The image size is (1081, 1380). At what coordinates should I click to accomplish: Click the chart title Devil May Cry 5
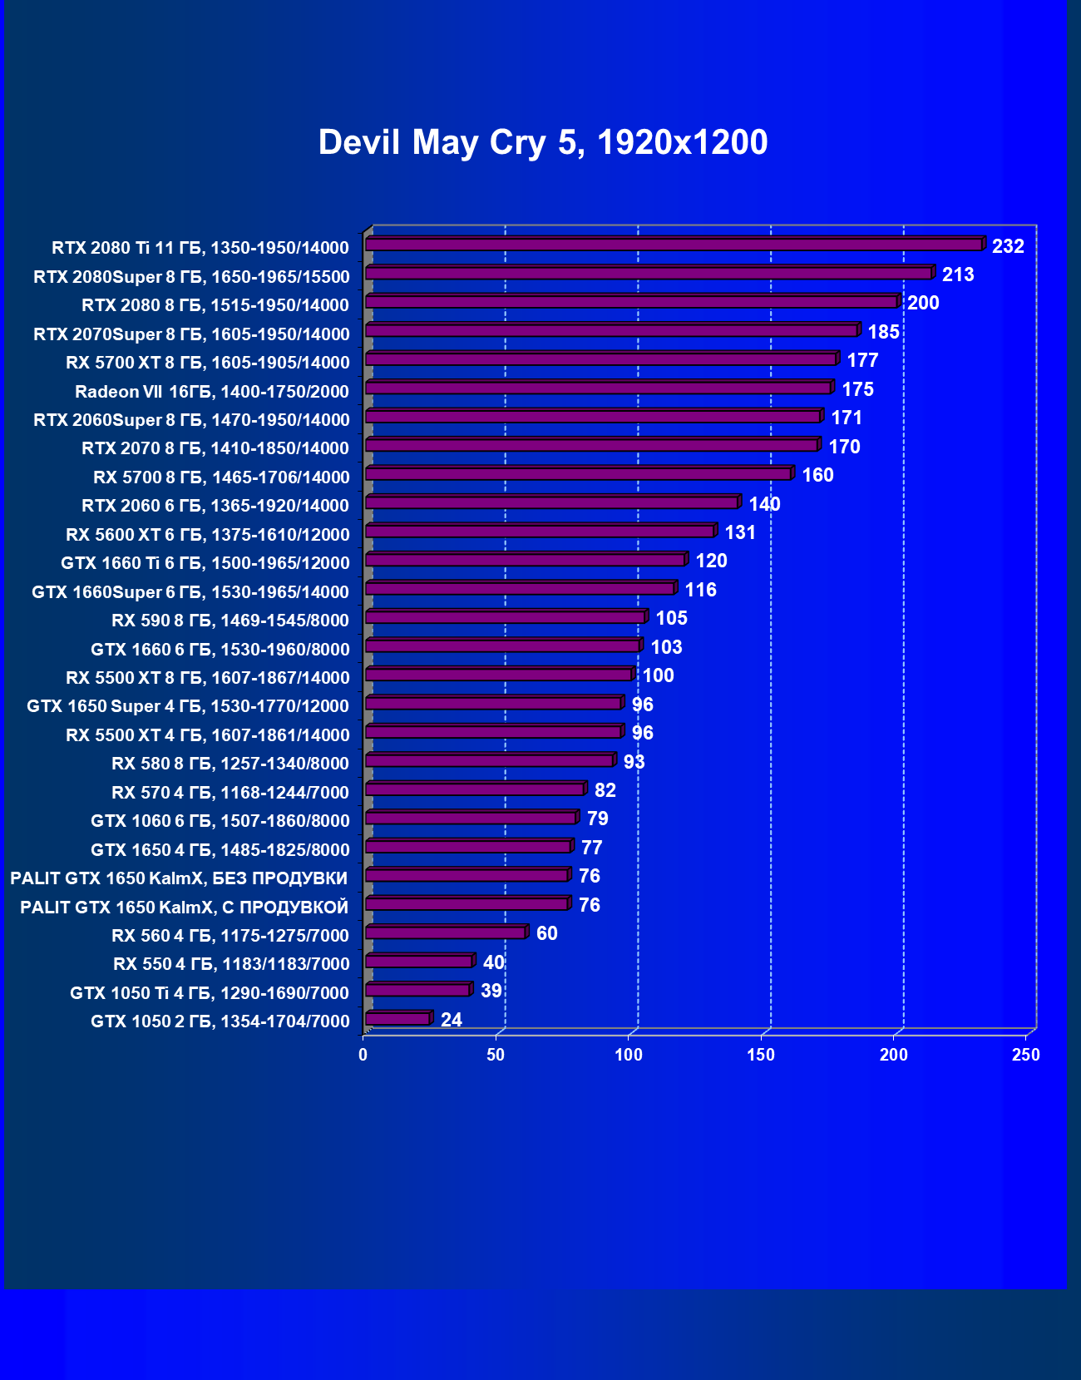(x=542, y=142)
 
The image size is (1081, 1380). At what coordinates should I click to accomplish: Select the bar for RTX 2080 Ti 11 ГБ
(x=674, y=245)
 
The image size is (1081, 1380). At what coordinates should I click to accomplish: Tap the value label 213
(x=957, y=275)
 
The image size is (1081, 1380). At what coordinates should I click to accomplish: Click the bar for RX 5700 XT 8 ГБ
(x=600, y=359)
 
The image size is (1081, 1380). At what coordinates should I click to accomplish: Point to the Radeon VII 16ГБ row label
(x=211, y=392)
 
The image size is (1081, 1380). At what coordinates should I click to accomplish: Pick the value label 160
(x=817, y=475)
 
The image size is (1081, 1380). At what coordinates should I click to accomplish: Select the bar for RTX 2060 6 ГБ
(x=551, y=502)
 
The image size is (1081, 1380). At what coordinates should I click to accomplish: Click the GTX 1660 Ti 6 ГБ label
(x=205, y=563)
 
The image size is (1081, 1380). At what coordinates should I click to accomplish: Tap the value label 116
(x=700, y=590)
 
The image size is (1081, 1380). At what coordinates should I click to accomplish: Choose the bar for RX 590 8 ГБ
(x=505, y=617)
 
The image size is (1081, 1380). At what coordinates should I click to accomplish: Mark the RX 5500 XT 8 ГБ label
(x=207, y=678)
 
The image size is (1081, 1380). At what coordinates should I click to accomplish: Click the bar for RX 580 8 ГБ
(x=489, y=760)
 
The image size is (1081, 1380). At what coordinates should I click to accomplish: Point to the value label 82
(x=605, y=790)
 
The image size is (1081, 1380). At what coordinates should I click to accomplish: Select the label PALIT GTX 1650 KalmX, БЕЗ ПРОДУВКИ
(x=179, y=878)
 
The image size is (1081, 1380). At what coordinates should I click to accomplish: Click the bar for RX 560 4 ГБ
(x=445, y=932)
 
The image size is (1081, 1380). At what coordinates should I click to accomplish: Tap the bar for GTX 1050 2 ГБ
(x=397, y=1019)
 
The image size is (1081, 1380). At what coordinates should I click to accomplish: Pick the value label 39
(x=491, y=991)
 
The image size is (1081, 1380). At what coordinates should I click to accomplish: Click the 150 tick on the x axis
(x=761, y=1055)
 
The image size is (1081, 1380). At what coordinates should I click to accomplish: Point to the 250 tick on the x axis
(x=1025, y=1055)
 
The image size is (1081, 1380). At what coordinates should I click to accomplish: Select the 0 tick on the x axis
(x=363, y=1055)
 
